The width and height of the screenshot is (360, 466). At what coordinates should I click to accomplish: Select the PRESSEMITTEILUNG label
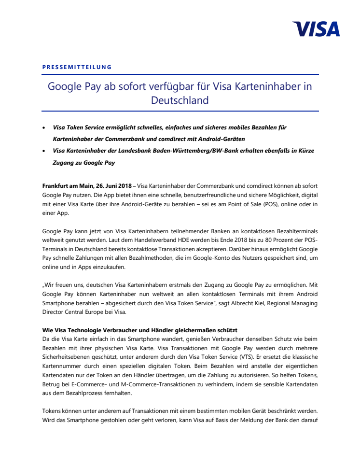tap(77, 67)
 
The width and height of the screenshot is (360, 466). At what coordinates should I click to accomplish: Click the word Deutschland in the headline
tap(180, 100)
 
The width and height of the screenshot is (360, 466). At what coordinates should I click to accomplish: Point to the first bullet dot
tap(44, 127)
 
